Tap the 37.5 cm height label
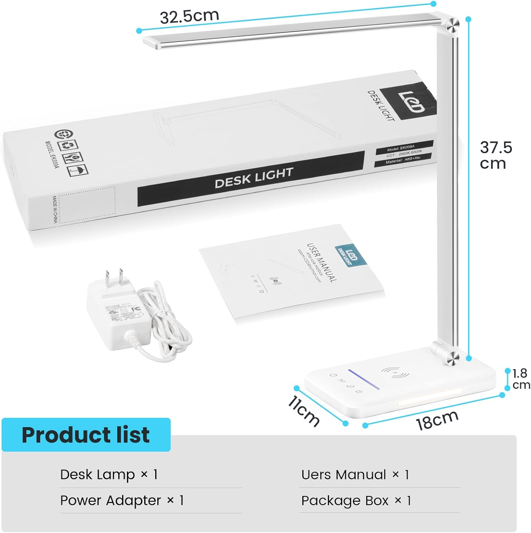(x=496, y=155)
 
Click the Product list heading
(x=86, y=435)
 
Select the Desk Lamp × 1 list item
(x=109, y=474)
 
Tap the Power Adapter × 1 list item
(x=122, y=500)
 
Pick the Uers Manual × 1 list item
(x=355, y=474)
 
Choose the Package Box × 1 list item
(x=356, y=500)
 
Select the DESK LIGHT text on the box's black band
(x=254, y=178)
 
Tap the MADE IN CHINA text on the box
(x=55, y=209)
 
